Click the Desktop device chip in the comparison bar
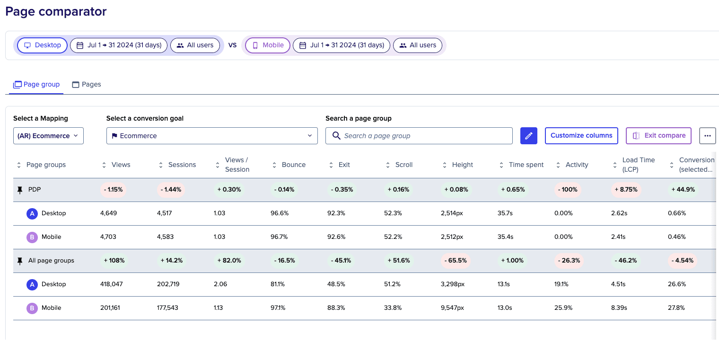(43, 45)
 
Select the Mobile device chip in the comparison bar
(268, 45)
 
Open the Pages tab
(87, 85)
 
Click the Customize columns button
(581, 136)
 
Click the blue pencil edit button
(529, 136)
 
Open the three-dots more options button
(707, 136)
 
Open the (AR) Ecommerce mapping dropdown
(48, 136)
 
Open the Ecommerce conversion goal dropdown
(212, 136)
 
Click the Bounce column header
(294, 165)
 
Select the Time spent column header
(526, 165)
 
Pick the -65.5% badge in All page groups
(456, 261)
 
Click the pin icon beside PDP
(19, 190)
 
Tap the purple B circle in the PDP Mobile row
(32, 237)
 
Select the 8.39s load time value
(619, 308)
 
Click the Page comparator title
(56, 12)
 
